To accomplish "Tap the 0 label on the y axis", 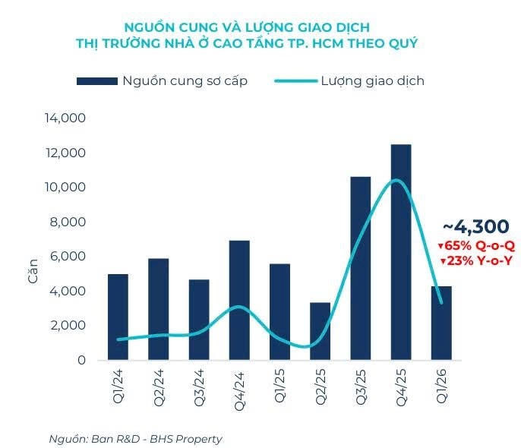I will (81, 360).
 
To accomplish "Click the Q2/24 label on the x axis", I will (159, 386).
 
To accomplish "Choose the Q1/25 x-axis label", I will (279, 386).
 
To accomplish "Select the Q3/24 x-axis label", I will (199, 386).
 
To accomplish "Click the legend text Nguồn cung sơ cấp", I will (185, 80).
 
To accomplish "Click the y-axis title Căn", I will (33, 271).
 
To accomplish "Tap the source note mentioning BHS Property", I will (136, 438).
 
